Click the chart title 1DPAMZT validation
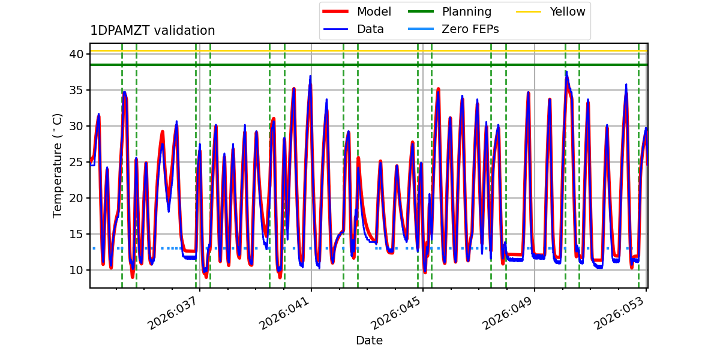click(152, 31)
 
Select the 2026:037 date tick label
click(173, 313)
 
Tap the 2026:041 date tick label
click(285, 313)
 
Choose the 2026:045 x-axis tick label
click(397, 313)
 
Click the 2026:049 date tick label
click(508, 313)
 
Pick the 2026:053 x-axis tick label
click(620, 313)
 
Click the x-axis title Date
click(369, 341)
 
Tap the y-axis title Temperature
click(58, 166)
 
